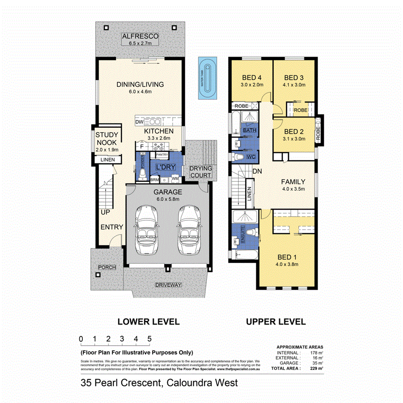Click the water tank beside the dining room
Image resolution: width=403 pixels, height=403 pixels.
pyautogui.click(x=207, y=79)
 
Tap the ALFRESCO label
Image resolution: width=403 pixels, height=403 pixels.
pyautogui.click(x=141, y=36)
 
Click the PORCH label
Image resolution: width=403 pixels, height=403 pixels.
pyautogui.click(x=107, y=267)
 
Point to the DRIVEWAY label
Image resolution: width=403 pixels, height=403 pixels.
pyautogui.click(x=168, y=285)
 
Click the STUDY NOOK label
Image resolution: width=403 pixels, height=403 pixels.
pyautogui.click(x=107, y=139)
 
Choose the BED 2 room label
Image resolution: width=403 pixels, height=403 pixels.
pyautogui.click(x=294, y=132)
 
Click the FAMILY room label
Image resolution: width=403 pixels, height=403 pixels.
pyautogui.click(x=293, y=182)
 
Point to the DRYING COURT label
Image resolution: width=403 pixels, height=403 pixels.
pyautogui.click(x=200, y=171)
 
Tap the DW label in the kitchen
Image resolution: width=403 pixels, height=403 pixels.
pyautogui.click(x=139, y=122)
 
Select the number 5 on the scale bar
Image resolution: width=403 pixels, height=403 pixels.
pyautogui.click(x=149, y=339)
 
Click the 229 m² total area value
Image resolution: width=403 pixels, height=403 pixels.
pyautogui.click(x=317, y=368)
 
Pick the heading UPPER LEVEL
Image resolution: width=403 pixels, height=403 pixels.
pyautogui.click(x=275, y=322)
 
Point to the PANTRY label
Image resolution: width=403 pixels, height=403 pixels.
pyautogui.click(x=162, y=155)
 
